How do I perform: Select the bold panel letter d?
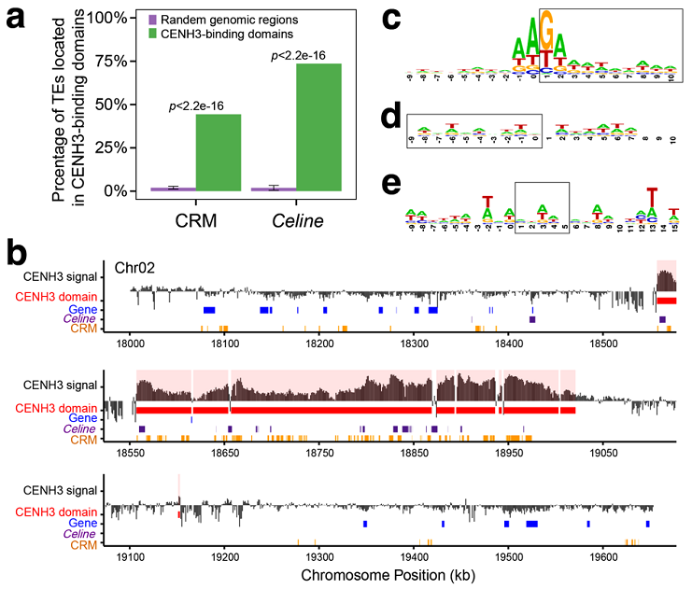coord(392,118)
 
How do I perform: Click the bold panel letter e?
coord(392,183)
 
